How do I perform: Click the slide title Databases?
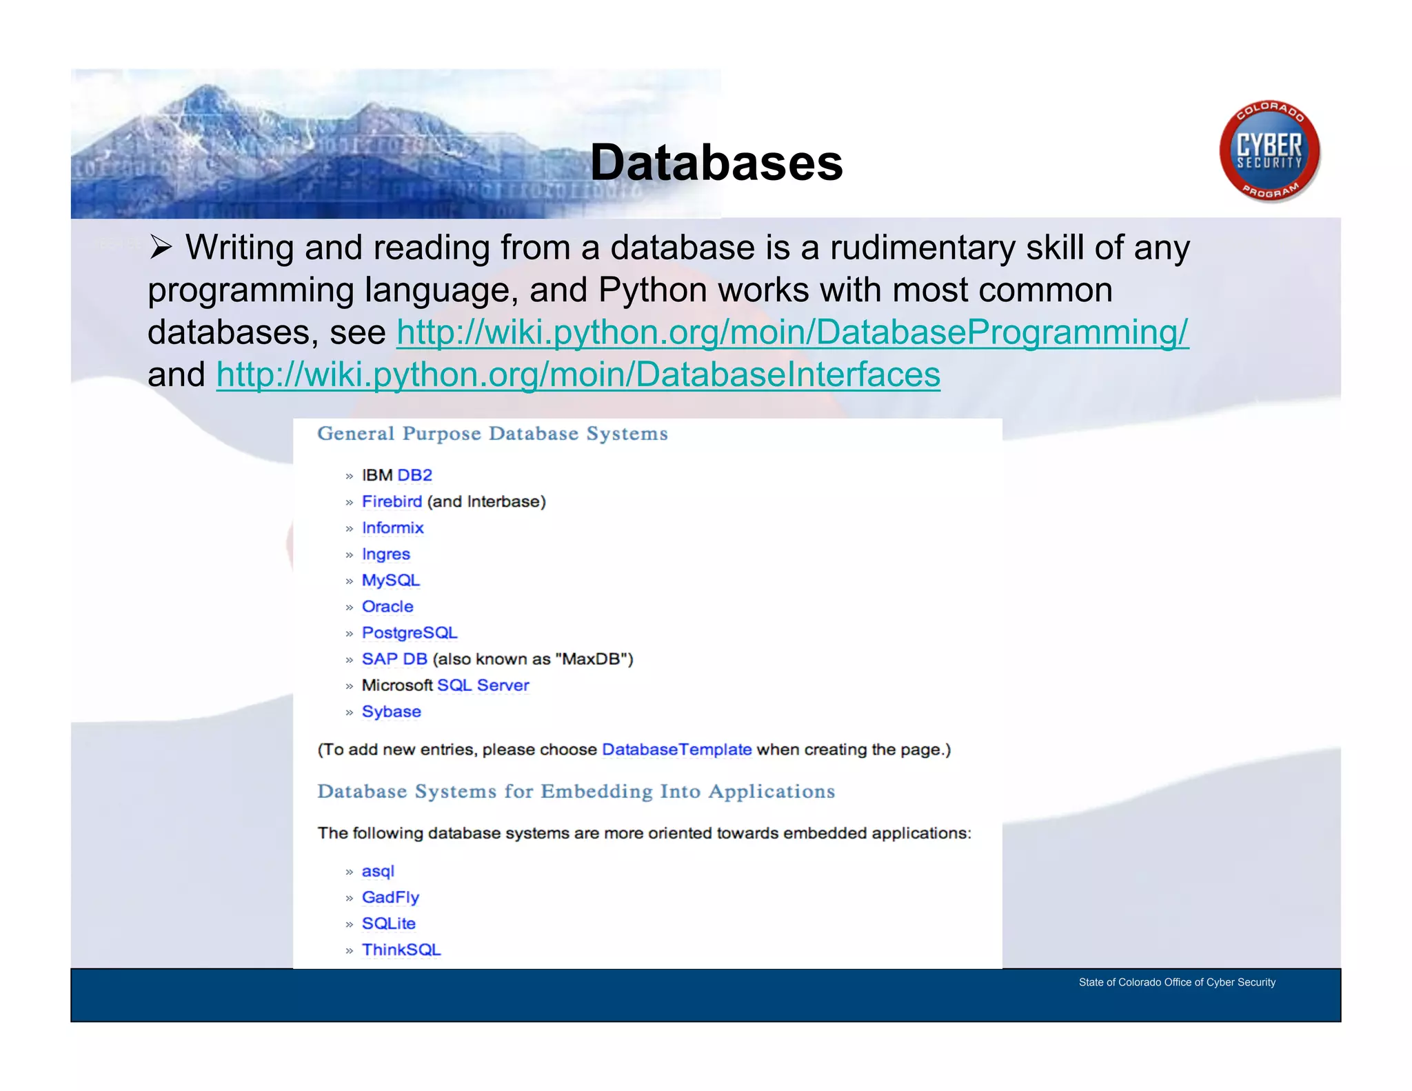[716, 163]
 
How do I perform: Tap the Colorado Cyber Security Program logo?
[1269, 151]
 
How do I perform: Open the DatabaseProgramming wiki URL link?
[792, 332]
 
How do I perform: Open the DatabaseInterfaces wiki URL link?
[578, 375]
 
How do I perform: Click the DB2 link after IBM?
[415, 475]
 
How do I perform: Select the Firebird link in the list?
[392, 501]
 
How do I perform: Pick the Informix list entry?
[392, 528]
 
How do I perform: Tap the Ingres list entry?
[385, 554]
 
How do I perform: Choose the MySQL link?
[390, 580]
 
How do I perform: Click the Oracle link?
[387, 606]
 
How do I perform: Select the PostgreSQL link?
[410, 632]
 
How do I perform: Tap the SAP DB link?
[394, 659]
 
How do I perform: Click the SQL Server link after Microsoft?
[483, 685]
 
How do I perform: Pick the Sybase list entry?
[391, 711]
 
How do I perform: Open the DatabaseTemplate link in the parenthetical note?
[676, 750]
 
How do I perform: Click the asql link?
[378, 871]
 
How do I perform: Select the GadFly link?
[390, 897]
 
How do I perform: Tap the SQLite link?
[389, 923]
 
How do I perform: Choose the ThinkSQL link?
[401, 950]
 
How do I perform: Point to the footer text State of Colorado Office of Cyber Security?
[1177, 982]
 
